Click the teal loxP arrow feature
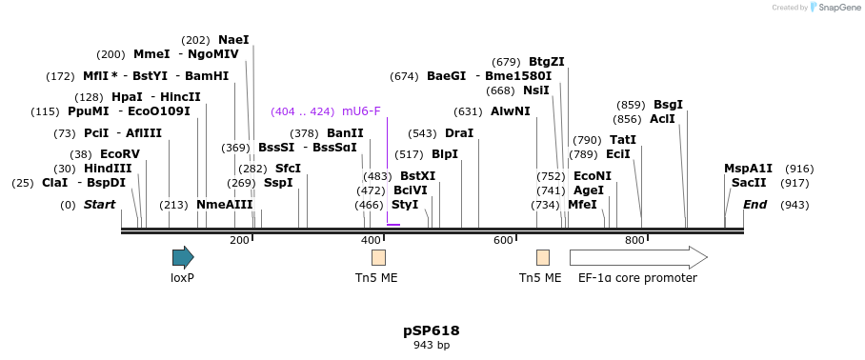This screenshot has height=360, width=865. tap(183, 257)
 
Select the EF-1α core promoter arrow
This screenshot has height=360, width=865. tap(637, 257)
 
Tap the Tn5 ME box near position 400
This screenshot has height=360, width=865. tap(378, 257)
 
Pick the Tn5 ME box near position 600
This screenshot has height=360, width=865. tap(543, 257)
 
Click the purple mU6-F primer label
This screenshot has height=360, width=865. tap(361, 111)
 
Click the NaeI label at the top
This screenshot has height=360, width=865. tap(233, 40)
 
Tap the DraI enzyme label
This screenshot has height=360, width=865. tap(459, 133)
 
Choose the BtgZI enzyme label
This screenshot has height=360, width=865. tap(547, 62)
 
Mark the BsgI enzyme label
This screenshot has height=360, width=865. tap(668, 105)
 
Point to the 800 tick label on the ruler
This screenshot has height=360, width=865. tap(634, 241)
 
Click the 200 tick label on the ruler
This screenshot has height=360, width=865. tap(239, 241)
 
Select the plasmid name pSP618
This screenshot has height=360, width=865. tap(432, 330)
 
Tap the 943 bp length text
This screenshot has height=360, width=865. tap(432, 345)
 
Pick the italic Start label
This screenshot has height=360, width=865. tap(99, 205)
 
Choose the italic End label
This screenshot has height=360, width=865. tap(755, 205)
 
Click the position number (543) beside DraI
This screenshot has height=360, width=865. tap(422, 133)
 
